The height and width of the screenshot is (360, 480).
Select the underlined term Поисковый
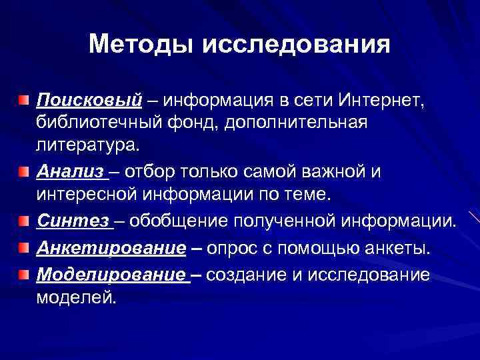89,101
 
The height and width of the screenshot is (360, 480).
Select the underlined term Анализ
71,173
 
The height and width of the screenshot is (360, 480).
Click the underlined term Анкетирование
111,248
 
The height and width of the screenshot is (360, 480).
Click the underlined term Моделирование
111,275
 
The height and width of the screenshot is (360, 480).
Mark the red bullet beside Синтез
24,220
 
